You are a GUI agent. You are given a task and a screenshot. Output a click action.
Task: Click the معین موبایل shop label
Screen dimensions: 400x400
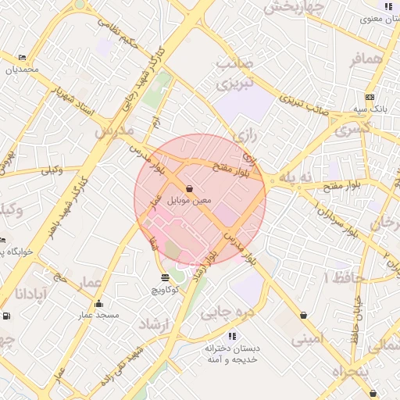(x=191, y=201)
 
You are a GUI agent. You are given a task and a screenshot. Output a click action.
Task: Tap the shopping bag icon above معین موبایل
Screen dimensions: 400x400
(x=191, y=188)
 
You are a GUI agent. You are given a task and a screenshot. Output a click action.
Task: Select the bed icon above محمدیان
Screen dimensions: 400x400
(x=22, y=57)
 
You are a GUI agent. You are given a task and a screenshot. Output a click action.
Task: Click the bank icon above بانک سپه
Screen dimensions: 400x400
(x=370, y=98)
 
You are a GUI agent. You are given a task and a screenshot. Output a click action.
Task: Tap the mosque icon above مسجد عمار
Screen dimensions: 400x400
(x=98, y=304)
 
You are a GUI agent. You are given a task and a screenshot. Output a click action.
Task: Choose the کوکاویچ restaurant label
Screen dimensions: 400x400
(x=165, y=290)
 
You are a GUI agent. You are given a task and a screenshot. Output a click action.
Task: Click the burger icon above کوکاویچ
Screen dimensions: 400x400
(x=165, y=277)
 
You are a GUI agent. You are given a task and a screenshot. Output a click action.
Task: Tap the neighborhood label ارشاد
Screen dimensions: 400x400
(x=154, y=323)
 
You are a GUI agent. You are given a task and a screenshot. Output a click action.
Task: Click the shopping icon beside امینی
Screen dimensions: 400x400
(x=303, y=316)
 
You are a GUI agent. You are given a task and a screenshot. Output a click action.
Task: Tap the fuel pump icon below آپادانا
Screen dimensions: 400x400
(x=7, y=316)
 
